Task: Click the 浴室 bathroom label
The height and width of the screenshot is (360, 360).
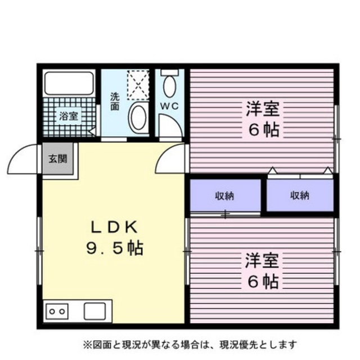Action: click(69, 117)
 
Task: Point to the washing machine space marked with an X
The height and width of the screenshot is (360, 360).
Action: click(138, 84)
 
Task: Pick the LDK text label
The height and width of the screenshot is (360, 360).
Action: click(115, 227)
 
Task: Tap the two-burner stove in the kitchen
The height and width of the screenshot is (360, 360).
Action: click(57, 310)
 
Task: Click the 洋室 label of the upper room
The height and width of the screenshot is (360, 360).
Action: click(262, 107)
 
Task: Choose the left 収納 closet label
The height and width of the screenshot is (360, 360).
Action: click(224, 196)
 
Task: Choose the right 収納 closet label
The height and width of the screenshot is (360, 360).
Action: click(299, 196)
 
